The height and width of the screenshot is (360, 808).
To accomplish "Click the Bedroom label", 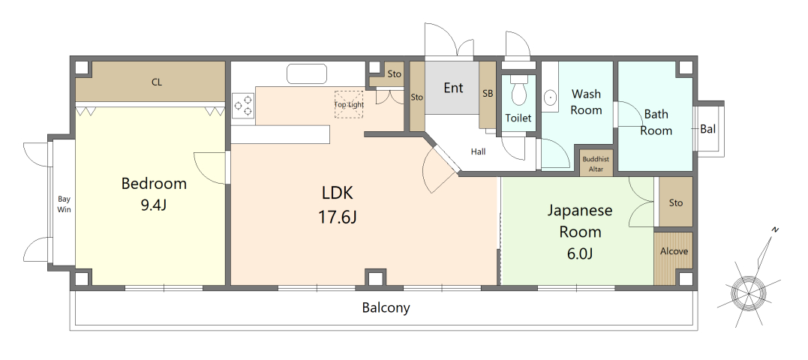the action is [x=154, y=183].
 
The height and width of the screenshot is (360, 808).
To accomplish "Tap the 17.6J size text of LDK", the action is [x=338, y=217].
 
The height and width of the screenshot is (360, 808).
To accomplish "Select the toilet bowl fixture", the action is [x=518, y=91].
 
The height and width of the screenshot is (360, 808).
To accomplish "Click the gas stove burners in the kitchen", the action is [x=243, y=105].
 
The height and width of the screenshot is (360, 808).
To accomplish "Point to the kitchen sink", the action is [x=307, y=73].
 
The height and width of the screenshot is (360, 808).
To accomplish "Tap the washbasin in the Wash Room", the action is [x=551, y=96].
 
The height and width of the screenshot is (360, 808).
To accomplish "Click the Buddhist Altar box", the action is [x=596, y=163].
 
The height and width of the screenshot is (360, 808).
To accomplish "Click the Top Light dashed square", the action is [x=349, y=104].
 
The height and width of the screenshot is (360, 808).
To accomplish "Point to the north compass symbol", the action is [x=749, y=290].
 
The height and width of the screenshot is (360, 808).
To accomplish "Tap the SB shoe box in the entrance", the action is [x=488, y=94].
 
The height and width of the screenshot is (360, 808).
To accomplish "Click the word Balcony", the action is [x=386, y=308].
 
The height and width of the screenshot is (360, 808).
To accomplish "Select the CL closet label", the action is [x=157, y=82].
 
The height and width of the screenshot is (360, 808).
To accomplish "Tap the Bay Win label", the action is [x=64, y=204].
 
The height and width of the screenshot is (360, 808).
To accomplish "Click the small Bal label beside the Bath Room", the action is [x=708, y=129].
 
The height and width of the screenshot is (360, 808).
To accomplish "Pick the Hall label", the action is [x=478, y=151].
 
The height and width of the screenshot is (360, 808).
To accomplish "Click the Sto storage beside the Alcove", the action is [x=676, y=202].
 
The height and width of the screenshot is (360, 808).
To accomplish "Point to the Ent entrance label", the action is [x=453, y=88].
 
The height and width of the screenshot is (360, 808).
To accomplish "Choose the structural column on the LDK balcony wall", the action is [x=376, y=277].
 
